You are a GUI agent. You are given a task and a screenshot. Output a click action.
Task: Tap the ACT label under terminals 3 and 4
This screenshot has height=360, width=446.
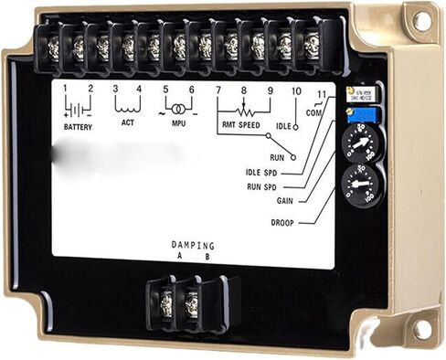tap(127, 122)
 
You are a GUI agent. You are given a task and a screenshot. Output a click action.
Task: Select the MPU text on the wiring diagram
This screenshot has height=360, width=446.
tap(179, 122)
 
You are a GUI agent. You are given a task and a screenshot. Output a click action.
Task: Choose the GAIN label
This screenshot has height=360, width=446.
tap(285, 199)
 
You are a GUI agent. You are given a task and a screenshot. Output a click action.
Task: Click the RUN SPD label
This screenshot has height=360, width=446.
tap(273, 185)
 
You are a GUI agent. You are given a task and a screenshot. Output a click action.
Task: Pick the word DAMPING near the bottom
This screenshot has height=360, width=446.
tap(193, 246)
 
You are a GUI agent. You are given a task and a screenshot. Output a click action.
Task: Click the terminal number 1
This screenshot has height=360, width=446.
tap(66, 89)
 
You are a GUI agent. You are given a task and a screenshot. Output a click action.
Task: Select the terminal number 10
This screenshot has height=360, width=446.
tap(296, 91)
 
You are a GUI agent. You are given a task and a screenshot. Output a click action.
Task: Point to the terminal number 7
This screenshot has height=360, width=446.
tap(218, 90)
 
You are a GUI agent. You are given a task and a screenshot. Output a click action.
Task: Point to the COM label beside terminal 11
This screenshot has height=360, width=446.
tap(313, 112)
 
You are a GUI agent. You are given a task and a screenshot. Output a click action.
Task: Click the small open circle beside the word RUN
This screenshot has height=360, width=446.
tap(293, 158)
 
